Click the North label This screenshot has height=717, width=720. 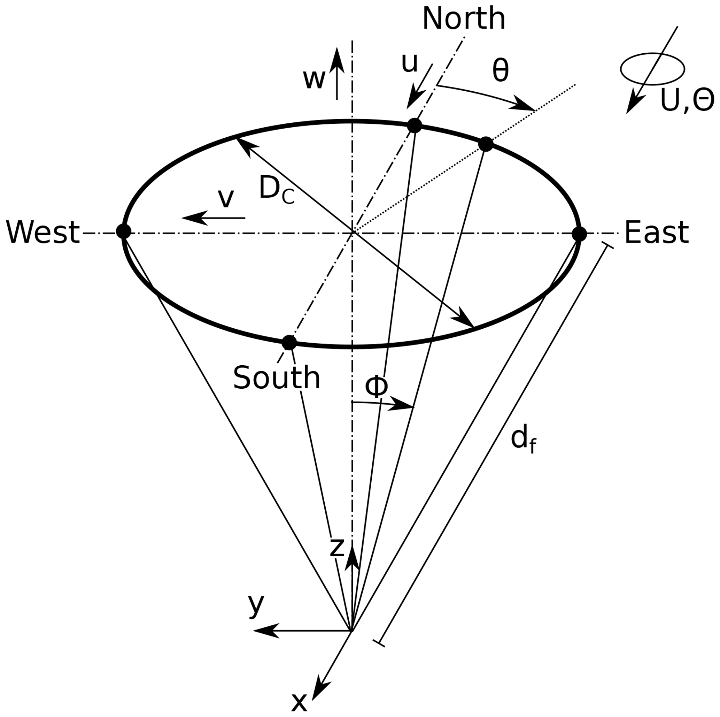coord(464,18)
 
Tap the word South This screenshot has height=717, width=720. coord(277,378)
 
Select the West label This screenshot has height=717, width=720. coord(43,232)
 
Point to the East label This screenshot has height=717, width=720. coord(656,232)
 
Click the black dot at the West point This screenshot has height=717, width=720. coord(124,231)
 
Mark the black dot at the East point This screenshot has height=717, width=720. coord(579,234)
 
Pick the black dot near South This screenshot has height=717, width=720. coord(289,342)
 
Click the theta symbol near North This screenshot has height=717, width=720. coord(500,71)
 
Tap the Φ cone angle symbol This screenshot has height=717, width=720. coord(377,387)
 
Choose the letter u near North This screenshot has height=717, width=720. coord(410,63)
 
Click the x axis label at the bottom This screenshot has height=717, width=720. coord(299,703)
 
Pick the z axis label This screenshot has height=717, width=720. coord(337,548)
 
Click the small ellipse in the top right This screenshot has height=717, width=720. coord(652,69)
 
